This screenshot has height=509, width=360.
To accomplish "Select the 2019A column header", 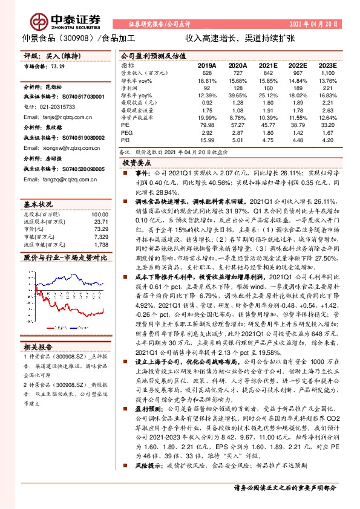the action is coord(207,65).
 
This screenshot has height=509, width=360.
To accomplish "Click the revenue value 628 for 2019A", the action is coord(207,73).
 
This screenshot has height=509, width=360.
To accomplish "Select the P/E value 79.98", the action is coord(207,124).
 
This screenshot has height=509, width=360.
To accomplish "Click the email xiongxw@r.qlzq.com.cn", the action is coord(67,147).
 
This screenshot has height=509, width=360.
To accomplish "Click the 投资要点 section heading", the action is coord(136,163).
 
